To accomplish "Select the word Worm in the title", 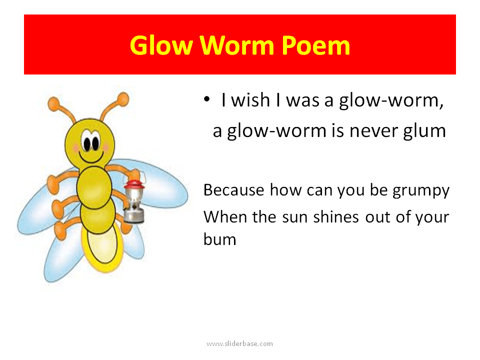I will coord(237,45).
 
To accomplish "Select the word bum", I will coord(219,238).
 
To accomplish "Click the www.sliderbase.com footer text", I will coord(239,343).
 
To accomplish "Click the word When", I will coord(223,217).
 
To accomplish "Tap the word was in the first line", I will coord(303,101).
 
